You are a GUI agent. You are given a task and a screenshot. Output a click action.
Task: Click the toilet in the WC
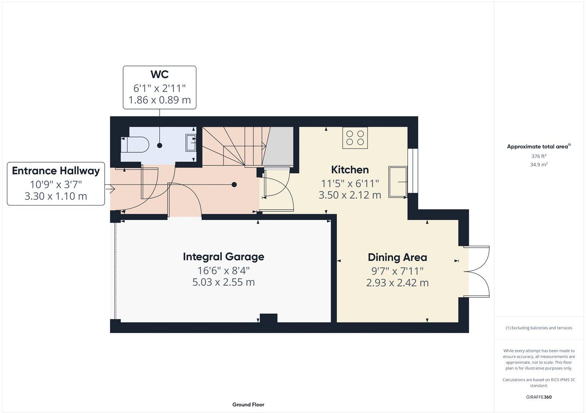135,145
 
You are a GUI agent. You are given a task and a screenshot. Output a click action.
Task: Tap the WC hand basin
191,143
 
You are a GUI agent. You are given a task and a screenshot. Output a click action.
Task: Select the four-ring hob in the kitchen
355,138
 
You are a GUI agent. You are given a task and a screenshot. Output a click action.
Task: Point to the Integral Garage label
223,257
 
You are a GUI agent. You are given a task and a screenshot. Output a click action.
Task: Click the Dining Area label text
397,257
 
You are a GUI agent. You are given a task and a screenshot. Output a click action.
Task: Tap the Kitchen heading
350,170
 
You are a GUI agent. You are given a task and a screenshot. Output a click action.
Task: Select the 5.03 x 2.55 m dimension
223,282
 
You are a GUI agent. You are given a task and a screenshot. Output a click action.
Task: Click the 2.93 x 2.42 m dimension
397,283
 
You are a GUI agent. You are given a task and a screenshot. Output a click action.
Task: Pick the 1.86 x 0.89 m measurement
159,100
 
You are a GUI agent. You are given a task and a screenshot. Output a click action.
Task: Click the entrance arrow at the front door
110,189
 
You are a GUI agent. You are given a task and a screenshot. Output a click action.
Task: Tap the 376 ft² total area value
538,156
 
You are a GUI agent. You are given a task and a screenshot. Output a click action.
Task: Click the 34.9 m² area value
539,165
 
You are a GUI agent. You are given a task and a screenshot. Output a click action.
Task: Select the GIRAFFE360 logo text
539,397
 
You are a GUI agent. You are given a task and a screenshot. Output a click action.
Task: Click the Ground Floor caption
248,405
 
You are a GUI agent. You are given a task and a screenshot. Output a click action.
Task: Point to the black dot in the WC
160,145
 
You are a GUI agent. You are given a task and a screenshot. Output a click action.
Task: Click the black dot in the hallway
234,185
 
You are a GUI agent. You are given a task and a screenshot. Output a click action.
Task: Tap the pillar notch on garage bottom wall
268,318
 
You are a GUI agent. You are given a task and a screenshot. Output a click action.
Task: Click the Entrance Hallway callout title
56,171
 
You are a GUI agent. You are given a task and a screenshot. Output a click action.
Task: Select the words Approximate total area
537,147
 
